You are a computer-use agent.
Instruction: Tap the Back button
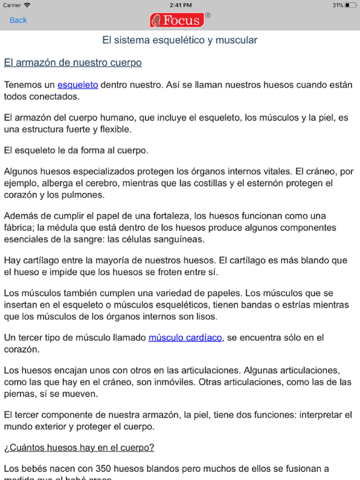18,20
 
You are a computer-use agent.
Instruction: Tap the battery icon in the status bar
351,5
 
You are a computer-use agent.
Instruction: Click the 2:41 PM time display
180,5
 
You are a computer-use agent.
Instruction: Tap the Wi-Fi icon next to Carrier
27,5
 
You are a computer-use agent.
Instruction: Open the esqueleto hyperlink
77,84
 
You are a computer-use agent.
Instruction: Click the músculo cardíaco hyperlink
185,337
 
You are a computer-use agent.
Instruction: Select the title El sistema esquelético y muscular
180,41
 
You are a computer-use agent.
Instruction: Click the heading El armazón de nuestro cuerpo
72,62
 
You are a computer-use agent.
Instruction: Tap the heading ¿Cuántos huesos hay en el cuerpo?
79,447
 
